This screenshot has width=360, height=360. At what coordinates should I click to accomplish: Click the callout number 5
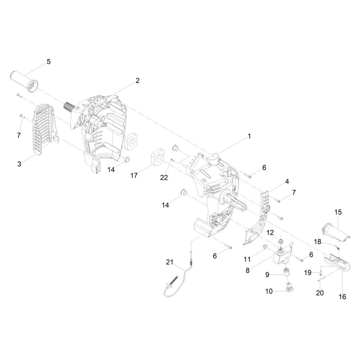49,62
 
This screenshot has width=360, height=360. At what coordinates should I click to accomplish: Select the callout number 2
137,81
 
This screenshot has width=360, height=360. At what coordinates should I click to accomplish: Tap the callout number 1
249,136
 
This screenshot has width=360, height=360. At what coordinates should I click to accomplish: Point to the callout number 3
19,164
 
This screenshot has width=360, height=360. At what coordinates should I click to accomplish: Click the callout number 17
134,175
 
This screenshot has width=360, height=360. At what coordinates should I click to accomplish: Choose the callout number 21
170,262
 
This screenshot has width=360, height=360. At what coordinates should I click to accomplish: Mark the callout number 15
338,212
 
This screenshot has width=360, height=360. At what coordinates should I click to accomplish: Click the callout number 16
342,297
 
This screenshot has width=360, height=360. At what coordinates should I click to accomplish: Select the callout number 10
269,291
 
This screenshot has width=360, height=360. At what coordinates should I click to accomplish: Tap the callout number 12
270,233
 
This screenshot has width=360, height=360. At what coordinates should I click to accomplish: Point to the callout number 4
287,181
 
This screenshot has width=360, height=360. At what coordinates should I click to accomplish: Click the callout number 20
320,293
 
